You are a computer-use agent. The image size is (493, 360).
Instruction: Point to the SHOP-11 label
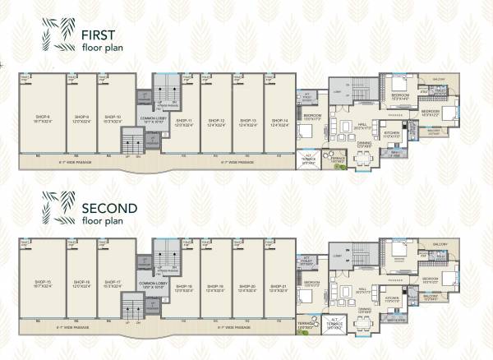pyautogui.click(x=183, y=120)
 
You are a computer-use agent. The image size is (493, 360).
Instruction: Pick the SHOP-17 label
pyautogui.click(x=113, y=282)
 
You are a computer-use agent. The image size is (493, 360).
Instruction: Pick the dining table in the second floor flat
pyautogui.click(x=363, y=317)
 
